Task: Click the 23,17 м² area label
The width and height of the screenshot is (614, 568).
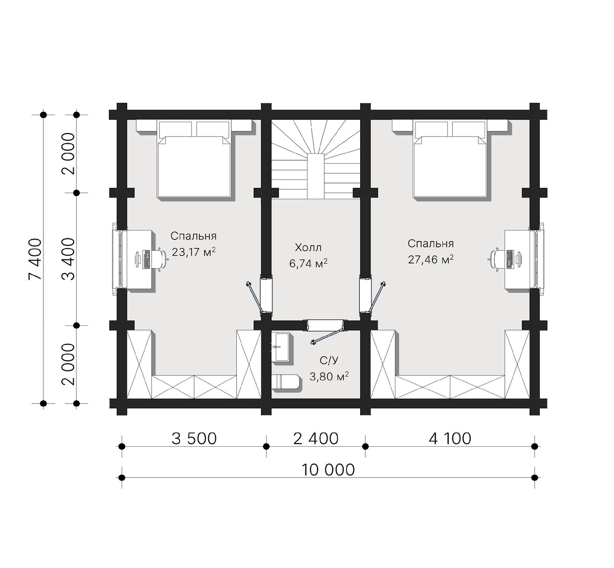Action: pyautogui.click(x=193, y=252)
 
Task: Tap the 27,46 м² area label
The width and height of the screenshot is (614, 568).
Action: pyautogui.click(x=431, y=259)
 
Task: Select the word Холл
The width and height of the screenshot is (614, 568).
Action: pyautogui.click(x=308, y=248)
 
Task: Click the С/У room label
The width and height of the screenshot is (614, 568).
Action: pyautogui.click(x=329, y=360)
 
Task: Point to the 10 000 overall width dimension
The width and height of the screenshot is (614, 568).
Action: pyautogui.click(x=328, y=470)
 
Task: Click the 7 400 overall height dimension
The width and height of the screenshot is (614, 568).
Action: pyautogui.click(x=35, y=259)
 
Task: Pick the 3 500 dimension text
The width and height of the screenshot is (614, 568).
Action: pyautogui.click(x=194, y=439)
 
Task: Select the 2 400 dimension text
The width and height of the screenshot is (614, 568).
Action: pyautogui.click(x=316, y=439)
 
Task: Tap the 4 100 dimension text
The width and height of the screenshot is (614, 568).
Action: pyautogui.click(x=450, y=439)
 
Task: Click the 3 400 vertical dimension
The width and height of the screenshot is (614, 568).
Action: pyautogui.click(x=69, y=259)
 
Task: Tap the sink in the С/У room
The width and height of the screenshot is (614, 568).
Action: pyautogui.click(x=281, y=347)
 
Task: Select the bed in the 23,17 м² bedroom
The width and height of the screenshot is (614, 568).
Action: pyautogui.click(x=194, y=159)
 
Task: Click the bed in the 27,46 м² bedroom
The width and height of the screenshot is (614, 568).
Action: pyautogui.click(x=450, y=159)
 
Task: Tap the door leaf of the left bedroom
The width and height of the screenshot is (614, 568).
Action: pyautogui.click(x=254, y=297)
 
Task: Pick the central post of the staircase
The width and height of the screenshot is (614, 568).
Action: pyautogui.click(x=316, y=176)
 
